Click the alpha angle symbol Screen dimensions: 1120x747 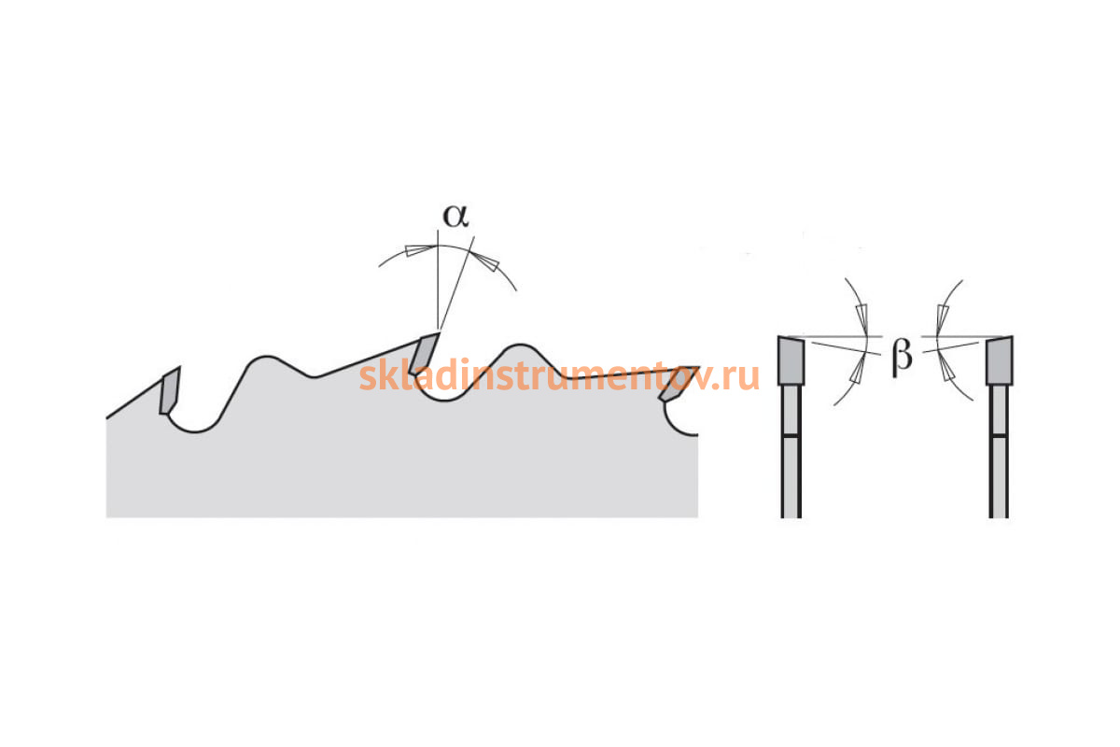point(455,216)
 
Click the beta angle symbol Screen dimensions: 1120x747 point(902,358)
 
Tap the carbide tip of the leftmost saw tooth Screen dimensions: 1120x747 point(170,391)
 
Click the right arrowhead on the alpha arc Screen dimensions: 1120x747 point(485,261)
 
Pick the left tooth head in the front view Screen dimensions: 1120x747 point(791,360)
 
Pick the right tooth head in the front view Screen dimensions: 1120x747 point(1000,360)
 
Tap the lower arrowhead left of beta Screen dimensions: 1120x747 point(858,370)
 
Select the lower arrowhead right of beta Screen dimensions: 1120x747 point(945,368)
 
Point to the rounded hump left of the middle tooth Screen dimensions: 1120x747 point(267,359)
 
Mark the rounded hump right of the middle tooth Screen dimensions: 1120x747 point(520,346)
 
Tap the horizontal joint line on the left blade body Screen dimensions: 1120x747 point(791,436)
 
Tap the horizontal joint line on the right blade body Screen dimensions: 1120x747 point(999,436)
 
